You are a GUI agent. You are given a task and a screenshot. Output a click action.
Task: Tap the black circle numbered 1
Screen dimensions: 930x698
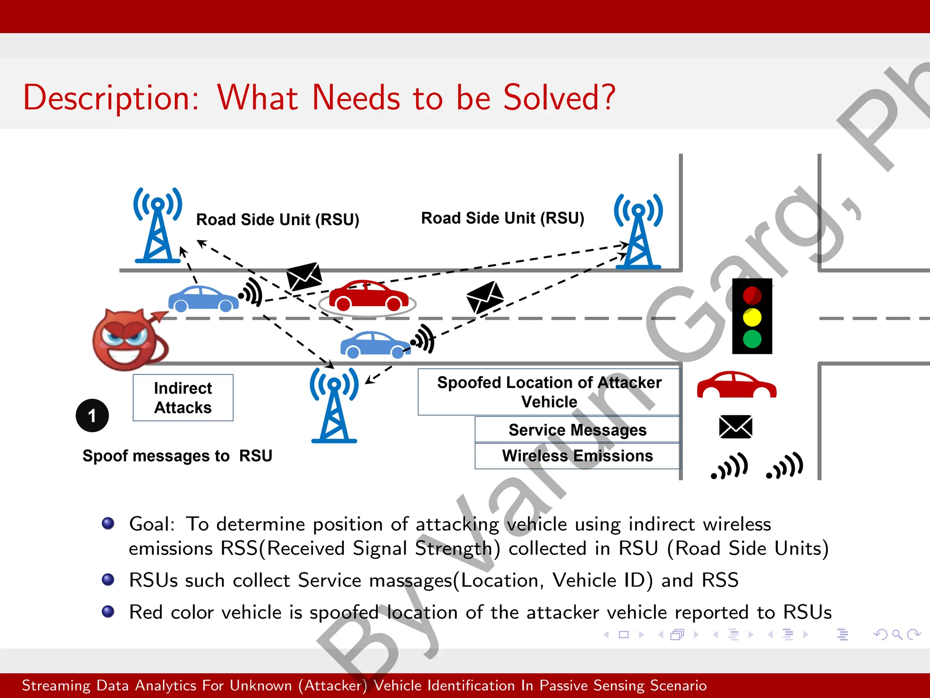click(92, 416)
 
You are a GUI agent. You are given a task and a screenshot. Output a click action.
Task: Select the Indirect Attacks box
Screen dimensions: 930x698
click(183, 398)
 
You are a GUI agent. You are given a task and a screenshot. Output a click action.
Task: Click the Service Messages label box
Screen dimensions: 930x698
click(577, 430)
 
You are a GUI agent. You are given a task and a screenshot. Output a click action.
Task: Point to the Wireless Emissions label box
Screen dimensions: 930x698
click(577, 456)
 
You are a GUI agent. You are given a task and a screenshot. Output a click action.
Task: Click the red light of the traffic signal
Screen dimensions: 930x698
click(752, 295)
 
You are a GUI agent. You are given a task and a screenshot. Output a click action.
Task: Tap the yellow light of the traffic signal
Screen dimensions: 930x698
click(752, 317)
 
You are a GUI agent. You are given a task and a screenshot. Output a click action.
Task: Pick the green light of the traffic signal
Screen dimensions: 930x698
click(752, 339)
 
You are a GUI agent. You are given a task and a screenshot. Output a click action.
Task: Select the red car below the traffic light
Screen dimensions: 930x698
click(737, 385)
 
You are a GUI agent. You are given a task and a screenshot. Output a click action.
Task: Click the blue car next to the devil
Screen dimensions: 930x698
click(203, 299)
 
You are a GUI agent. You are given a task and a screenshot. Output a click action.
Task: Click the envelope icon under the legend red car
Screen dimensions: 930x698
click(736, 427)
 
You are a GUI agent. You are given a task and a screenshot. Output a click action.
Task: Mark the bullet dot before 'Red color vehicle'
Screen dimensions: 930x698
click(108, 612)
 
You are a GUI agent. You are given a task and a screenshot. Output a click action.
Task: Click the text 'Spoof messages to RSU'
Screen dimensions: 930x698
click(177, 456)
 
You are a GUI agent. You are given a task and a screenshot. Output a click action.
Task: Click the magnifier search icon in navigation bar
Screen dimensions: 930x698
click(897, 634)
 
